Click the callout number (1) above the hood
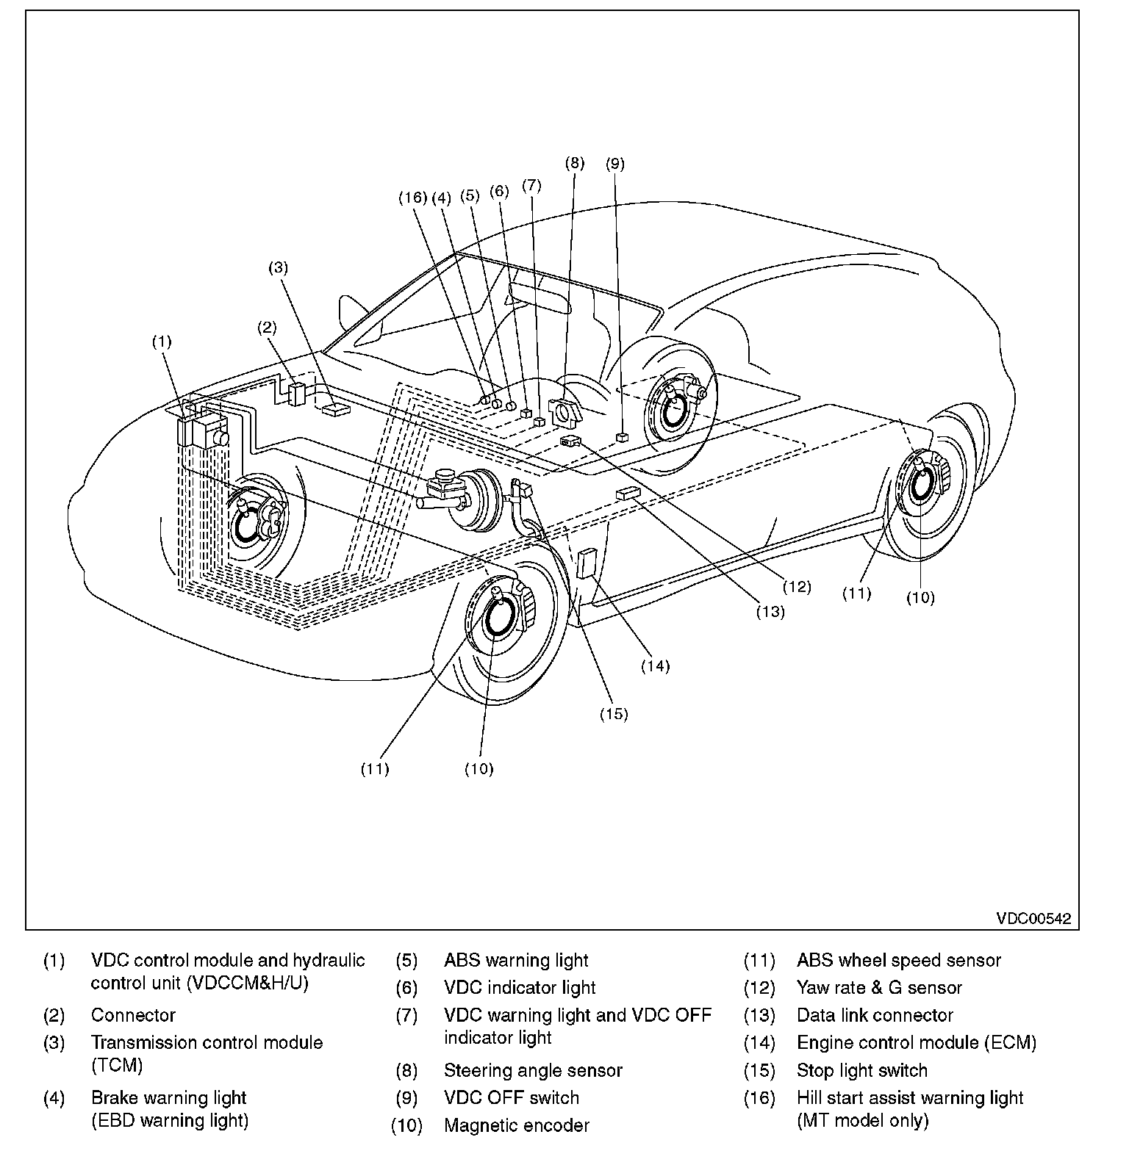click(162, 342)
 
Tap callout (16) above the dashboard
click(413, 197)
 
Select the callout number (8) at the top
click(575, 163)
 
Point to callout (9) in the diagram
click(615, 164)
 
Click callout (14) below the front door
click(655, 666)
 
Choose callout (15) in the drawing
click(614, 713)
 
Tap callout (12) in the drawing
click(796, 586)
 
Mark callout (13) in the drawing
click(770, 611)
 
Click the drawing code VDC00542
click(1033, 918)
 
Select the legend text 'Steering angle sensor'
click(533, 1070)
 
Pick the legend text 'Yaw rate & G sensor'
click(879, 988)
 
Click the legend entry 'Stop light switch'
click(861, 1070)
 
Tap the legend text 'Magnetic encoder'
click(516, 1125)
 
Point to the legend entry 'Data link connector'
click(875, 1015)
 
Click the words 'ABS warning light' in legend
click(516, 960)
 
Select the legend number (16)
click(759, 1098)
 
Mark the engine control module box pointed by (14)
click(587, 563)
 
